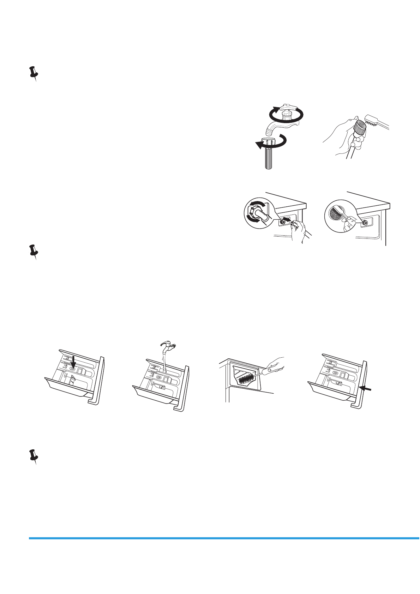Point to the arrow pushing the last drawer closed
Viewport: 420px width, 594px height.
coord(366,388)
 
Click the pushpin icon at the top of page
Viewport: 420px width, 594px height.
coord(34,73)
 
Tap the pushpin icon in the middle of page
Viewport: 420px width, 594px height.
coord(34,251)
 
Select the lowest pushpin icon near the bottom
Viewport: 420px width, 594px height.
coord(34,456)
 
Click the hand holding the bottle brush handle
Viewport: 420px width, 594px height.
coord(277,364)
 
